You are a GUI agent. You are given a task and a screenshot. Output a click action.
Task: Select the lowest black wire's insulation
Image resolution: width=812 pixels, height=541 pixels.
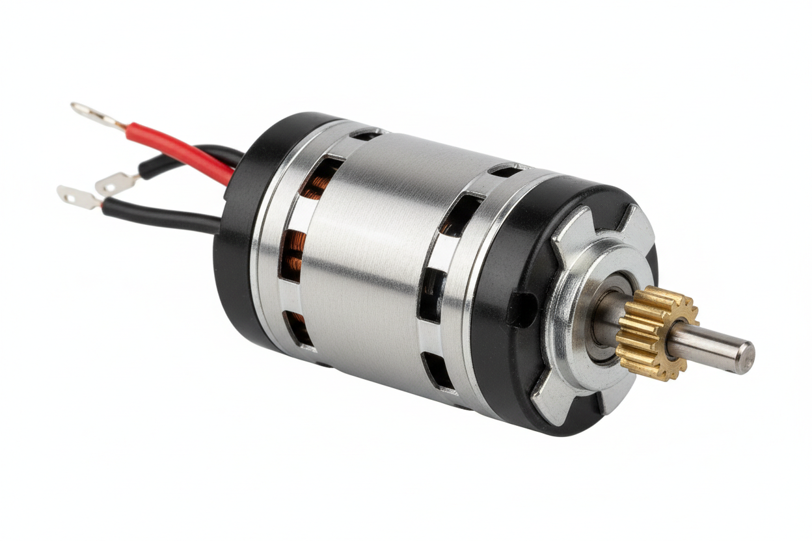[163, 217]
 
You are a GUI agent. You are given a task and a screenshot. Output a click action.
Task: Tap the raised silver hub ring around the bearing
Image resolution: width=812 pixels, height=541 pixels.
[573, 338]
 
